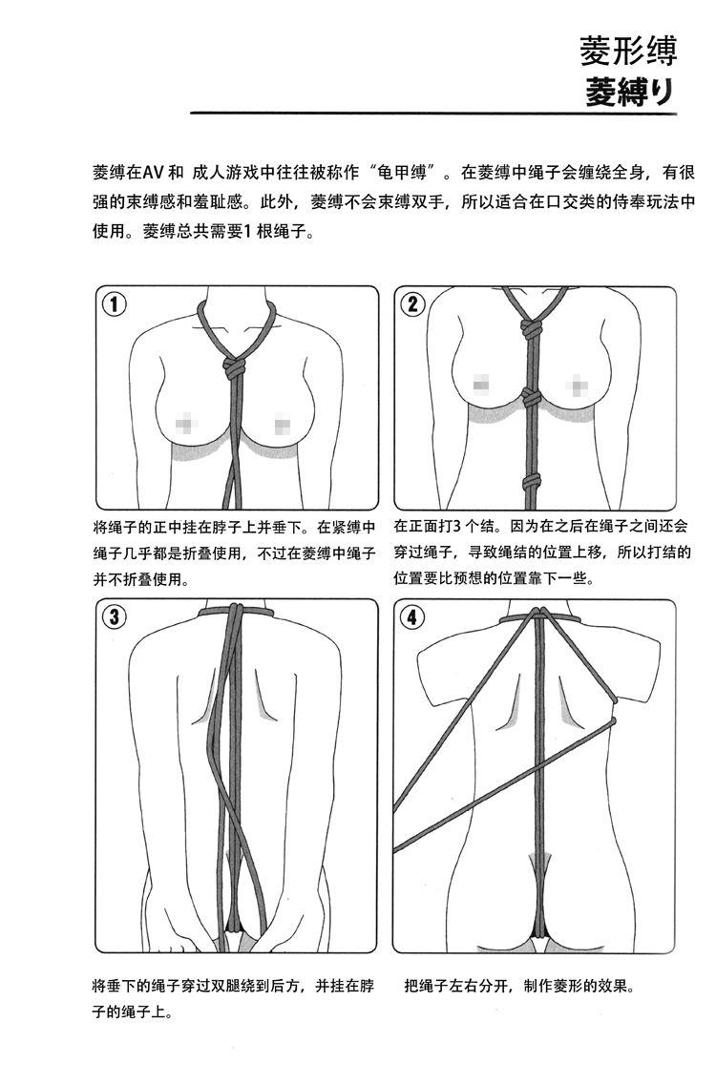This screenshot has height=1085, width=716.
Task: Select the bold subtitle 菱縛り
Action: [x=630, y=92]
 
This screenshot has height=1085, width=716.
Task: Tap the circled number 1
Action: [x=115, y=304]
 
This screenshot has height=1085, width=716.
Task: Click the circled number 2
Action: [x=413, y=304]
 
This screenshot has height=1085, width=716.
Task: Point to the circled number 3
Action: [x=115, y=617]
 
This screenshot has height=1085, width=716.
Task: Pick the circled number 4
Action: [x=413, y=617]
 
